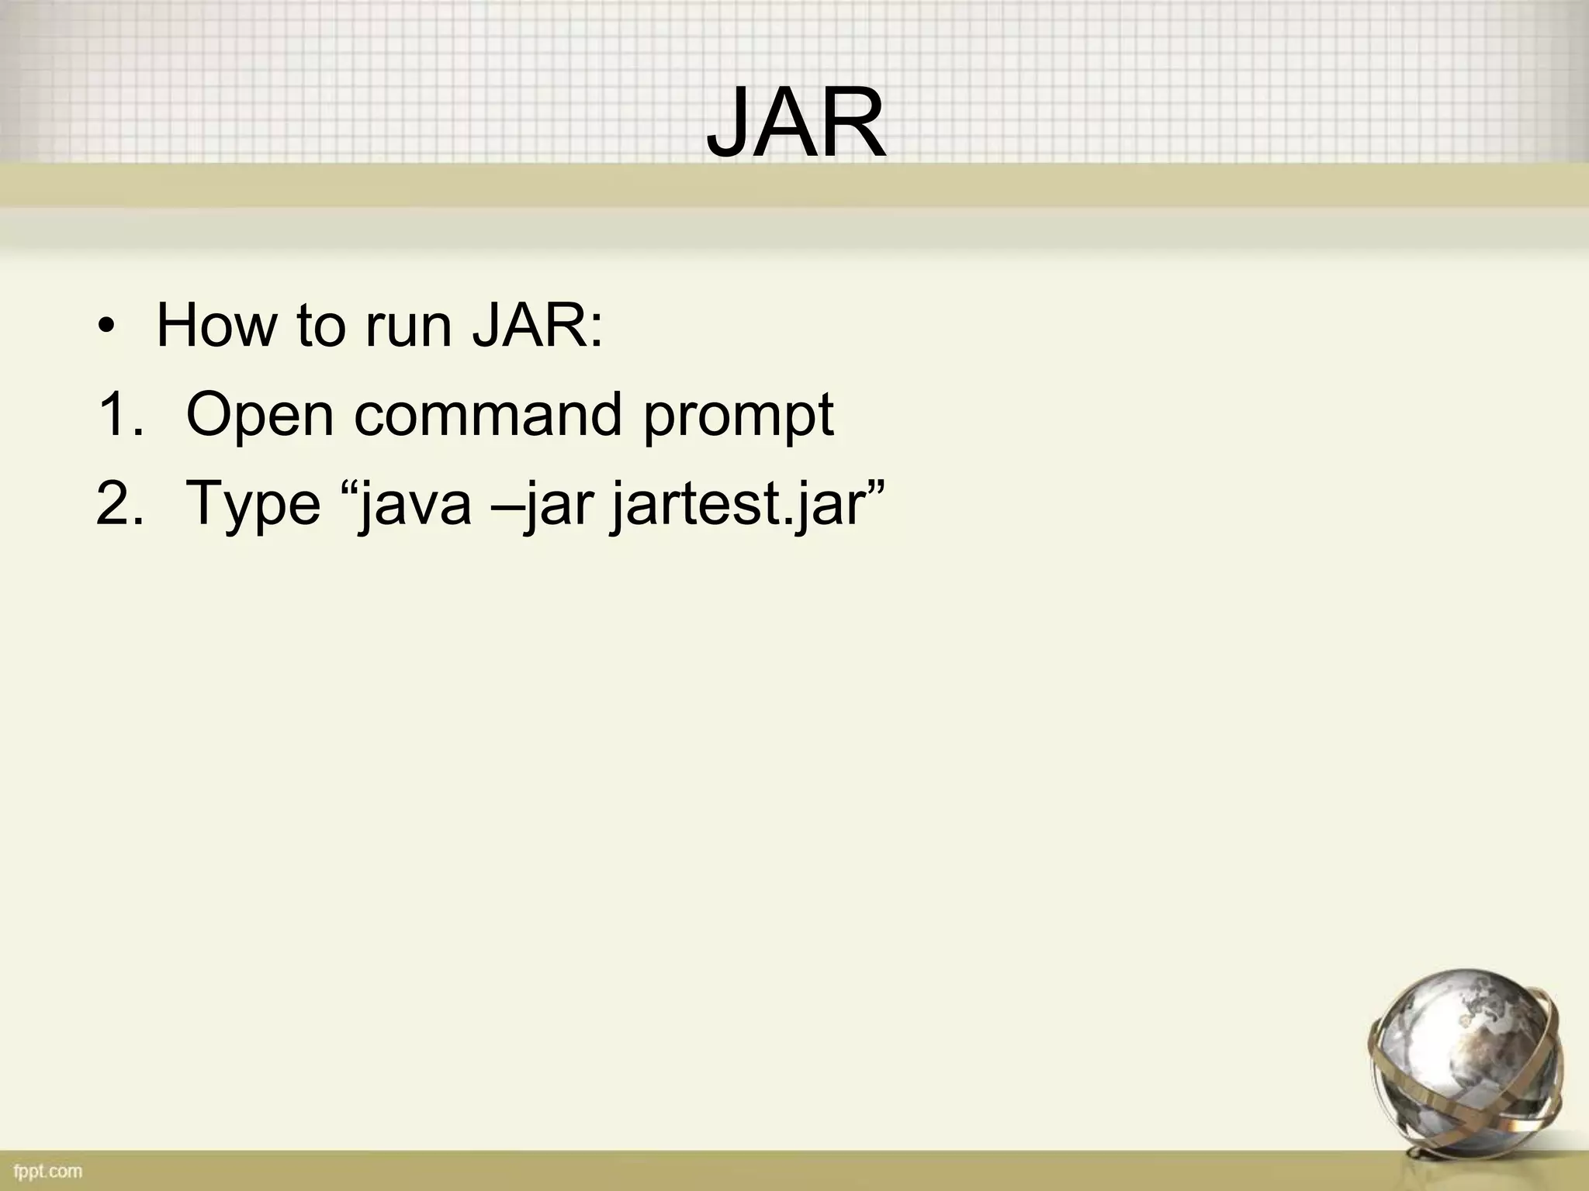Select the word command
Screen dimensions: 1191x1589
[488, 415]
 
